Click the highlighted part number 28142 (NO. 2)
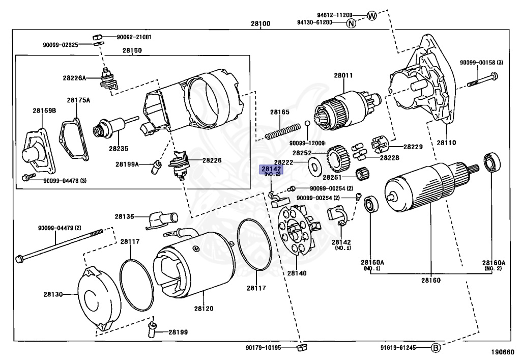[272, 171]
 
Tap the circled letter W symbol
[372, 15]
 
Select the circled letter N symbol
[351, 23]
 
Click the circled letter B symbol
[436, 348]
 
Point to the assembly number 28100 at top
[260, 23]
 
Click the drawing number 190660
[503, 352]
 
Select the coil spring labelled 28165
[283, 131]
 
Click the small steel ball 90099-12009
[307, 124]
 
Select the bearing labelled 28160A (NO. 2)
[492, 162]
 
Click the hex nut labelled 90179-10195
[302, 348]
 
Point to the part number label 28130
[53, 294]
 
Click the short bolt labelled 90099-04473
[28, 177]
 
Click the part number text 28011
[343, 75]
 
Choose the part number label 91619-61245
[398, 348]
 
